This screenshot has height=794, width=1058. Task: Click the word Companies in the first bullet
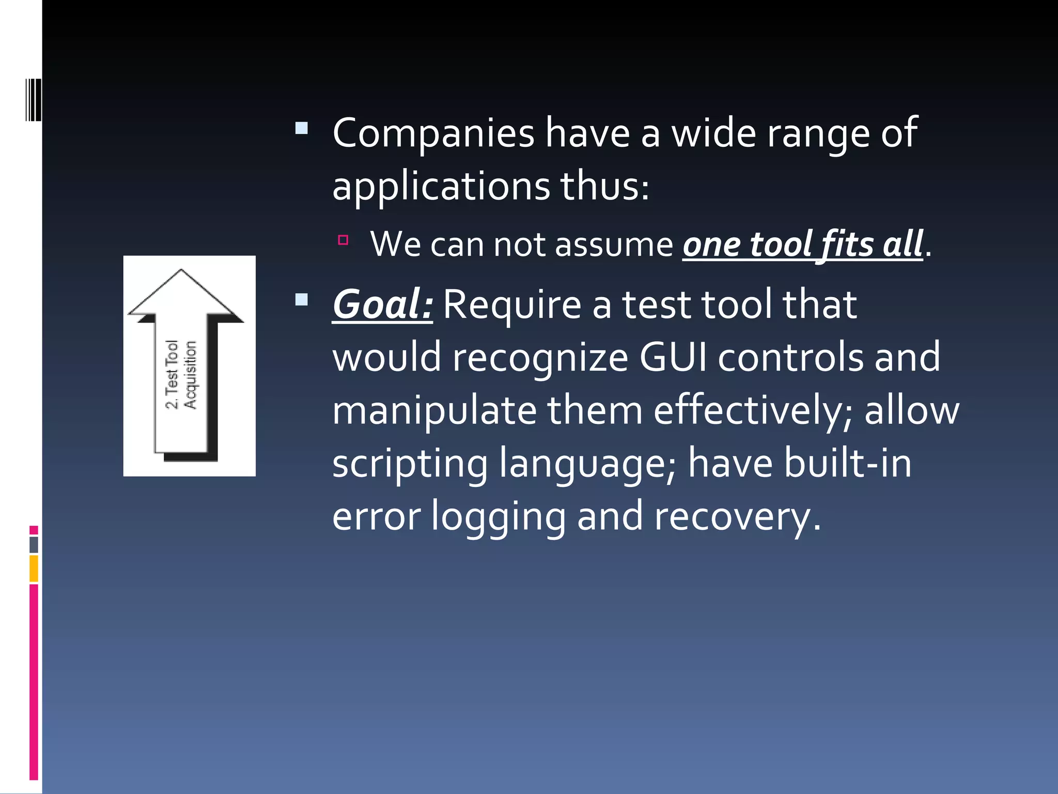[x=433, y=133]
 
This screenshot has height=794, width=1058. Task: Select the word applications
[x=441, y=187]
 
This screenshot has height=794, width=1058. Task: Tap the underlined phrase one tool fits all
[x=802, y=244]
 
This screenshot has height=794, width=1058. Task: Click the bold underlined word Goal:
[x=382, y=304]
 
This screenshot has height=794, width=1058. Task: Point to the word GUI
[x=673, y=357]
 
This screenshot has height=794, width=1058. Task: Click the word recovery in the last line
[x=737, y=516]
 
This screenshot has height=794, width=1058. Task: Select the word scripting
[x=410, y=464]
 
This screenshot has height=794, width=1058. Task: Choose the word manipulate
[x=434, y=410]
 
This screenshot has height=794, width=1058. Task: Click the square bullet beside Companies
[x=302, y=128]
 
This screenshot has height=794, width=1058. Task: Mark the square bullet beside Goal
[x=302, y=299]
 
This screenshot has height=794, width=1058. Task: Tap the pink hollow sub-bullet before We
[x=343, y=240]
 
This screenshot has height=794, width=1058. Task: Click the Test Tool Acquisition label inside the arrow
[x=181, y=375]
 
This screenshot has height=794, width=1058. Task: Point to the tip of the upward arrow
[x=181, y=270]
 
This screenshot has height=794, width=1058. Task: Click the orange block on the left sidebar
[x=34, y=568]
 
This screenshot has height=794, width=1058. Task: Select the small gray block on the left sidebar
[x=34, y=545]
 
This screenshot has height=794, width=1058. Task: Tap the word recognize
[x=540, y=358]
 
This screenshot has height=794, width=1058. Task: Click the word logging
[x=499, y=516]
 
